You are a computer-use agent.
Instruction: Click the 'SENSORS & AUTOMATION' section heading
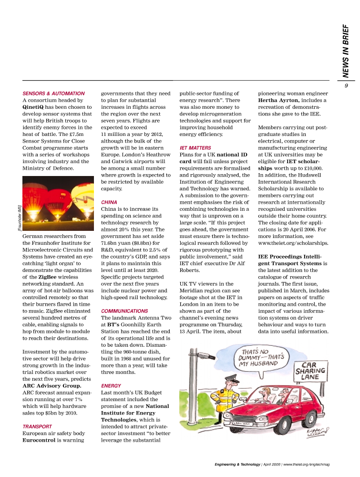tap(53, 93)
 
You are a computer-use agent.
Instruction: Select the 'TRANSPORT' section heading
tap(37, 426)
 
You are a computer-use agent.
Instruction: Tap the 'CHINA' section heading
tap(109, 202)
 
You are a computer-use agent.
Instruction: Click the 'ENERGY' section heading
tap(111, 385)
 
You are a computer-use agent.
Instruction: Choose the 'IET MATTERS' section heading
tap(195, 148)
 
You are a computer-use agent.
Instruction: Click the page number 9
tap(347, 86)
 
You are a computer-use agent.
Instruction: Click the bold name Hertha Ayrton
tap(278, 101)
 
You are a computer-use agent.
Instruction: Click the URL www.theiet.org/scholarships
tap(293, 243)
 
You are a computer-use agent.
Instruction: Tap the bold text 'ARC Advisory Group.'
tap(52, 385)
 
